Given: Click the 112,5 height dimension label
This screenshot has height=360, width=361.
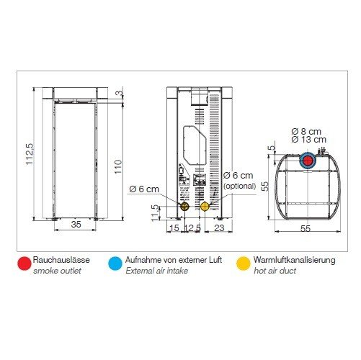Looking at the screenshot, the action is [30, 153].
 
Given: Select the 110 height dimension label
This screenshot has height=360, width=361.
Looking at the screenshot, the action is [118, 167].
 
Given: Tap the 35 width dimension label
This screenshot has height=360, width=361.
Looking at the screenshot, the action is [76, 225].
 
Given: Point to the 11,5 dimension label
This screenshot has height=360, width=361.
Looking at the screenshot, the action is [156, 212].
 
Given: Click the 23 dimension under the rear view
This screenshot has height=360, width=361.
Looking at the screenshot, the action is [219, 228].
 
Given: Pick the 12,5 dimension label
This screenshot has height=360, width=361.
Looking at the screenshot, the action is [192, 228].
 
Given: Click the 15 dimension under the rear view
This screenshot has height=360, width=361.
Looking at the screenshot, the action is [174, 228].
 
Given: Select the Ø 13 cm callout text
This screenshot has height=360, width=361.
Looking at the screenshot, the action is [308, 140].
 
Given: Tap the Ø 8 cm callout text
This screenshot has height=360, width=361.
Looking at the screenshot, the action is [306, 132].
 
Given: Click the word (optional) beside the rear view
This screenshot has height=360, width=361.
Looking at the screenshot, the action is [239, 186].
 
